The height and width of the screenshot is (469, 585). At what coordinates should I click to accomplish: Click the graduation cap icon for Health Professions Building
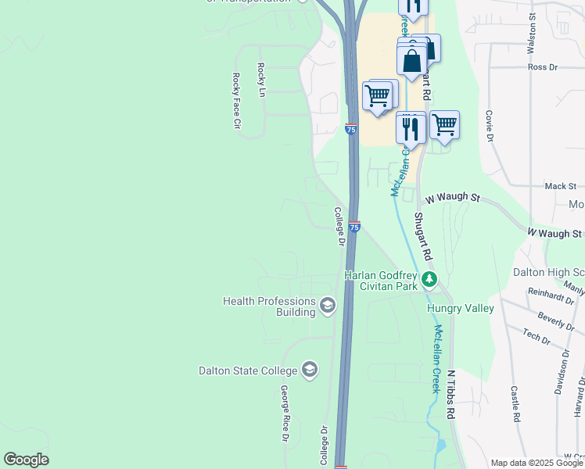[328, 305]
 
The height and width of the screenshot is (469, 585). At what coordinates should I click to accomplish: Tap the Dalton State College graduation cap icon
[310, 370]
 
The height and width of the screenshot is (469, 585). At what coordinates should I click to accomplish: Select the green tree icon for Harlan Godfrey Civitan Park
[429, 280]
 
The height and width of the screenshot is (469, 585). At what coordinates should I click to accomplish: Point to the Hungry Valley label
[460, 308]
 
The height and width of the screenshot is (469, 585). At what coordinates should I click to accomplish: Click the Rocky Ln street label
[261, 77]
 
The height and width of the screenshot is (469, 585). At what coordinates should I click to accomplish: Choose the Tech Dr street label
[537, 336]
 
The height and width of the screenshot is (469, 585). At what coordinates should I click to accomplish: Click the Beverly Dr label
[558, 320]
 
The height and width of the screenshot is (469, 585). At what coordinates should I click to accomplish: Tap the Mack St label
[560, 186]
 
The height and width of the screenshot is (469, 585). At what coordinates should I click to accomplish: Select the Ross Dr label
[542, 67]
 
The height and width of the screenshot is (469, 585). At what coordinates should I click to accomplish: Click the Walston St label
[531, 32]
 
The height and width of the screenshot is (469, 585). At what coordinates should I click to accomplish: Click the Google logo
[26, 460]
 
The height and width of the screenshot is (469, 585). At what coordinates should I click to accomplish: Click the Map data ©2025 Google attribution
[537, 463]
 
